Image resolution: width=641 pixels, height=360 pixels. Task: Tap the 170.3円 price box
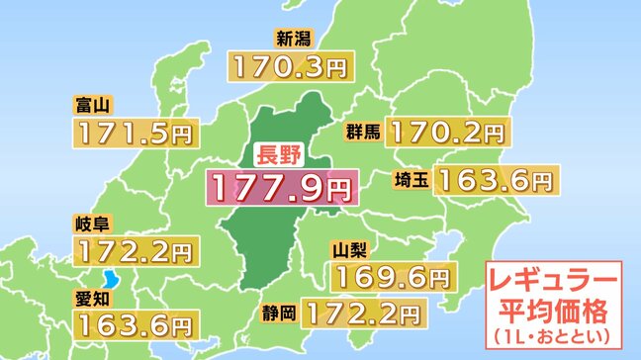tap(289, 68)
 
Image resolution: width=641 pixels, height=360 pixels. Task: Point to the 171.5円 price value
tap(134, 132)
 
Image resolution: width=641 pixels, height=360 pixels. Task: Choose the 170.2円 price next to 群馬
tap(447, 132)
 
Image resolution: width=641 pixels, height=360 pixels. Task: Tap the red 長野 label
tap(279, 155)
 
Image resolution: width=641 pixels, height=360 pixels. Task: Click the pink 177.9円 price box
tap(279, 186)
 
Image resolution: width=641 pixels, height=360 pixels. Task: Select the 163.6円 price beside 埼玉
tap(495, 180)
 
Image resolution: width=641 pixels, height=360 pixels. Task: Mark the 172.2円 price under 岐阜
tap(133, 250)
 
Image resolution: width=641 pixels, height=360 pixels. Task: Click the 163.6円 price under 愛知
tap(133, 322)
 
